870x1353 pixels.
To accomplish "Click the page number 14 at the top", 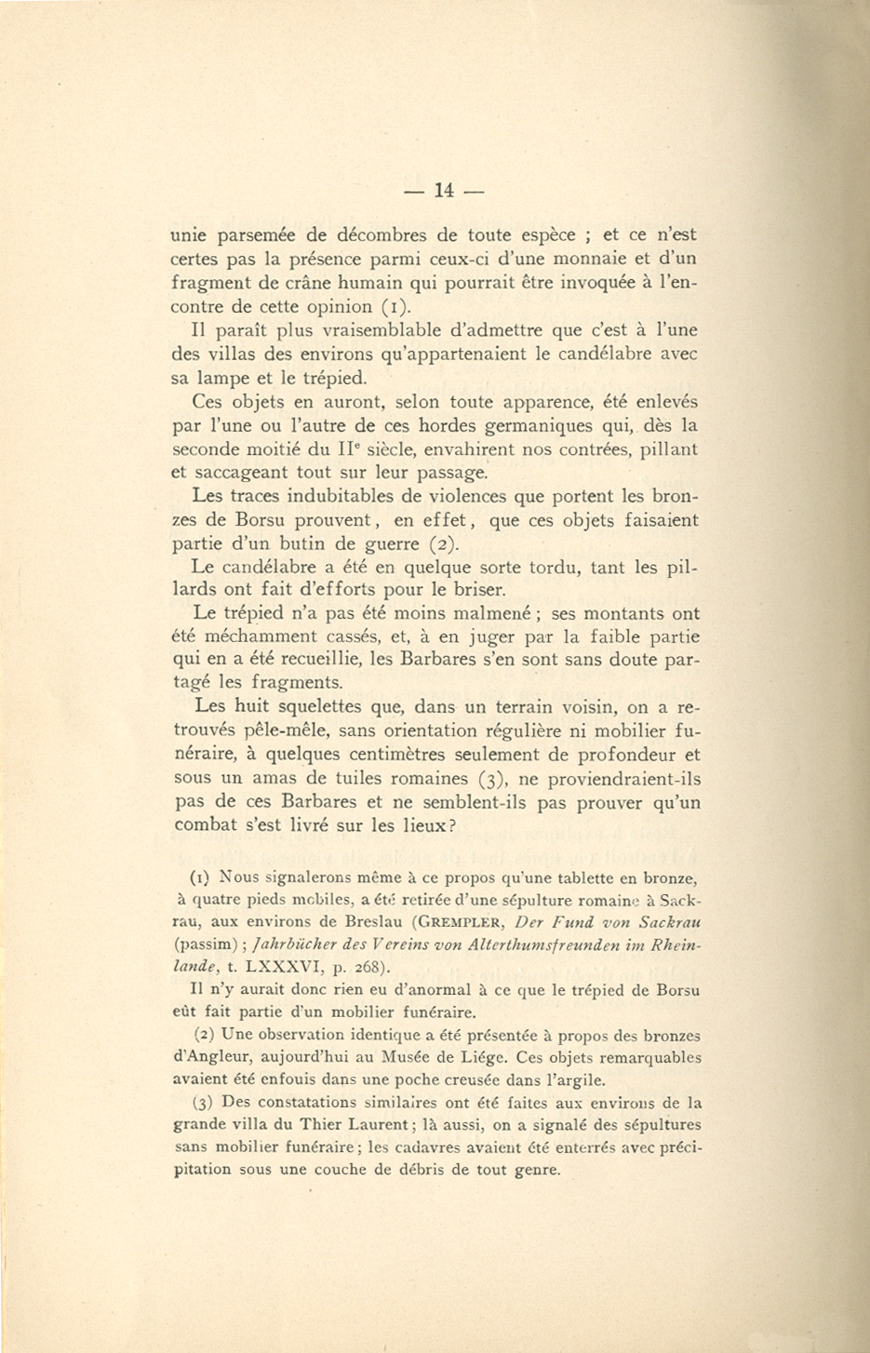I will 444,191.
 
